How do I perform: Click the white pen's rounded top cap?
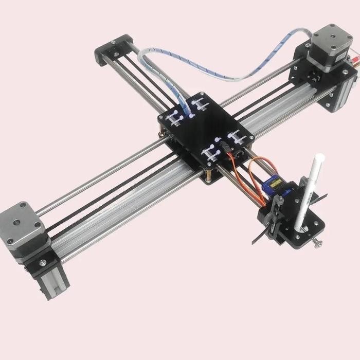point(317,156)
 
